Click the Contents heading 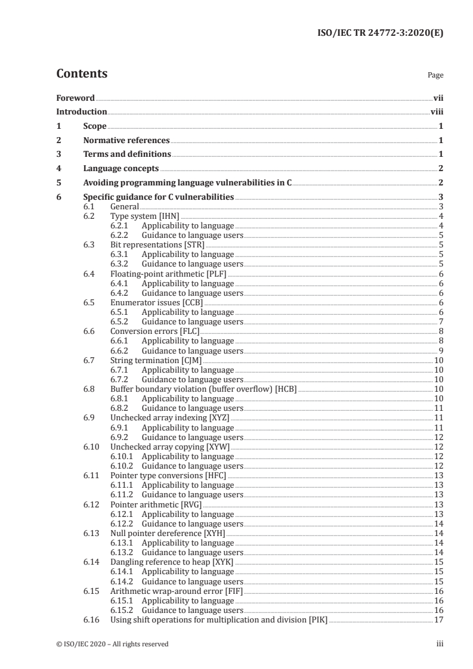click(x=82, y=74)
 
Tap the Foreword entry click(x=75, y=98)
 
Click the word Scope click(x=95, y=126)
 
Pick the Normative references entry click(x=126, y=140)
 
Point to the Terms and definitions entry click(x=127, y=154)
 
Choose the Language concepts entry click(x=121, y=169)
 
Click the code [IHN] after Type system click(x=168, y=216)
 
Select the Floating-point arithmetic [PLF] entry click(x=169, y=274)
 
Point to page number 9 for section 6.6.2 click(x=440, y=351)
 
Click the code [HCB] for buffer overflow click(x=285, y=389)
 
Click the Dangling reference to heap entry click(x=172, y=562)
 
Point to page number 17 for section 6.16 click(x=438, y=620)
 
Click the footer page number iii click(x=440, y=644)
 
